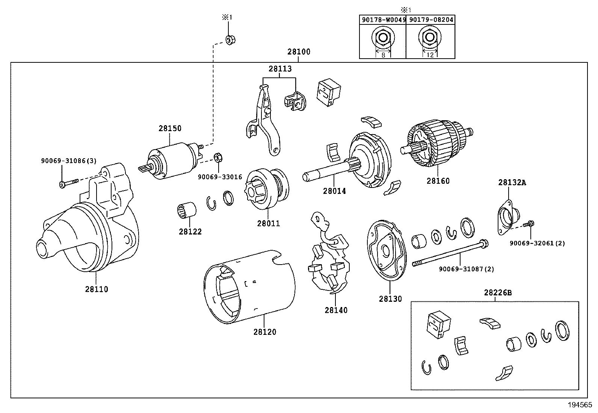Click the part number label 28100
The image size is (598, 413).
(x=299, y=52)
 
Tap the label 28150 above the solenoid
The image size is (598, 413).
(x=169, y=128)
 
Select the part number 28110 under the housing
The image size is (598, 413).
(x=96, y=289)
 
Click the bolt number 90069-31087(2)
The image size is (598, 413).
(x=466, y=269)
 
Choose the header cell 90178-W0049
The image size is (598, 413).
(x=383, y=20)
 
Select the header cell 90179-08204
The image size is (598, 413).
(x=430, y=20)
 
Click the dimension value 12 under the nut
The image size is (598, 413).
(x=430, y=55)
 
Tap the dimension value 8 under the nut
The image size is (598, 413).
(x=383, y=55)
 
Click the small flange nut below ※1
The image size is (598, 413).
(x=229, y=39)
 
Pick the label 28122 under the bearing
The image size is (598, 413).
(x=190, y=232)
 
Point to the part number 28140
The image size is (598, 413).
(x=336, y=310)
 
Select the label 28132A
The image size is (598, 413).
(x=512, y=183)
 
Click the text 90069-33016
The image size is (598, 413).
(x=220, y=177)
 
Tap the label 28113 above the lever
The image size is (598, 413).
(x=280, y=69)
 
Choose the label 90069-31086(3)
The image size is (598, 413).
(x=68, y=161)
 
